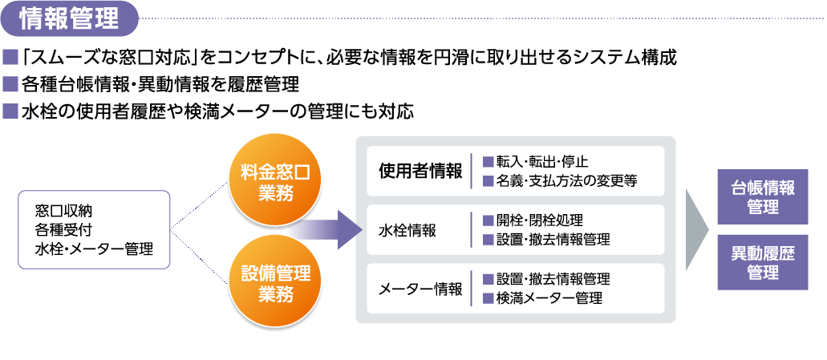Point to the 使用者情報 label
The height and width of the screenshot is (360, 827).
click(420, 171)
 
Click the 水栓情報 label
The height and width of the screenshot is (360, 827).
click(407, 230)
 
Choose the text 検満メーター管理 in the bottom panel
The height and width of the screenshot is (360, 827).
click(549, 298)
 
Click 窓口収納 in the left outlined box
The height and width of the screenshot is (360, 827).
click(64, 212)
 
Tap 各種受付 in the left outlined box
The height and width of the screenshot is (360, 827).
click(64, 230)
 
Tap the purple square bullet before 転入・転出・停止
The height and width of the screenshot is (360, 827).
click(488, 162)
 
